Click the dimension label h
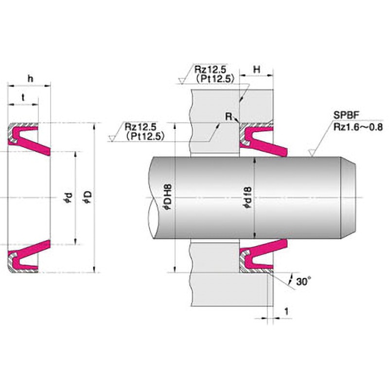coord(31,79)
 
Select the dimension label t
coord(23,98)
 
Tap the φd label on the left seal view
coord(69,197)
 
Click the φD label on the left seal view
coord(88,197)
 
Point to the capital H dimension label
coord(257,70)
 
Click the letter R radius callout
coord(229,116)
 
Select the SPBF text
coord(346,115)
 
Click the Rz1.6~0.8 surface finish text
coord(358,127)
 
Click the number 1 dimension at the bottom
coord(286,311)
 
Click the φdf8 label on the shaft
coord(248,197)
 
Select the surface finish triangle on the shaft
coord(311,153)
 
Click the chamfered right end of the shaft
coord(348,198)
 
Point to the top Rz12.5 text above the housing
coord(210,69)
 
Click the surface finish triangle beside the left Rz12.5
coord(112,138)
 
